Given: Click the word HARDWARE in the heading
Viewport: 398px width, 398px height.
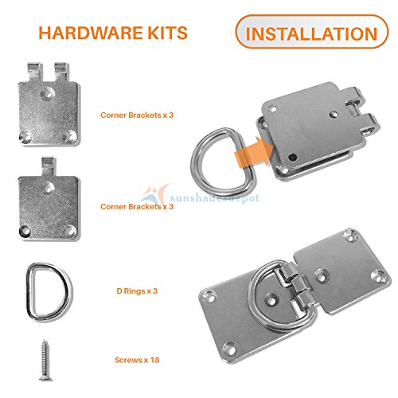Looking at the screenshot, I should click(x=76, y=33).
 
